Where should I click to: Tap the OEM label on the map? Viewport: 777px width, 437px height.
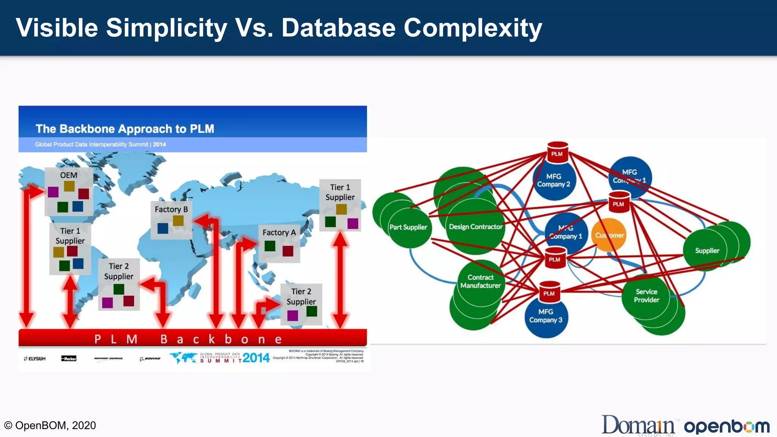pyautogui.click(x=69, y=175)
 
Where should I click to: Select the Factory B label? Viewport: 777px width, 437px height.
pyautogui.click(x=171, y=209)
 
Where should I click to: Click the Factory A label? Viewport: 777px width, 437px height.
pyautogui.click(x=279, y=233)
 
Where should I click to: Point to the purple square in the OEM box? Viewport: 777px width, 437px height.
pyautogui.click(x=53, y=192)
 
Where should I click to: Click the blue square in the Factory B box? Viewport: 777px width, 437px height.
pyautogui.click(x=163, y=228)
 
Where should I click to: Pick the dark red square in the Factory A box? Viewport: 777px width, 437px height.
pyautogui.click(x=288, y=251)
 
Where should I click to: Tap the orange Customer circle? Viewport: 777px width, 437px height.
pyautogui.click(x=609, y=235)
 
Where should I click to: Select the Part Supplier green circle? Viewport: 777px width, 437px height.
pyautogui.click(x=409, y=227)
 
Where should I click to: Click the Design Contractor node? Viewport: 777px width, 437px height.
pyautogui.click(x=475, y=227)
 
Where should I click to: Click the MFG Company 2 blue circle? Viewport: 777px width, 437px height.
pyautogui.click(x=554, y=181)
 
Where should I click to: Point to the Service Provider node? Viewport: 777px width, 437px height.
pyautogui.click(x=646, y=296)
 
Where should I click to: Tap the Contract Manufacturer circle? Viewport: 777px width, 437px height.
pyautogui.click(x=480, y=281)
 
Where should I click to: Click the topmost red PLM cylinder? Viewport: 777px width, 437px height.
pyautogui.click(x=557, y=152)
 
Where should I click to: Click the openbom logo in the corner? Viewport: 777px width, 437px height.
pyautogui.click(x=727, y=426)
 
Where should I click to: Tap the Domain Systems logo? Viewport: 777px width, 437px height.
pyautogui.click(x=639, y=425)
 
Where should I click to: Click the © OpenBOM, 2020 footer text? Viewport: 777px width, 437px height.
pyautogui.click(x=50, y=425)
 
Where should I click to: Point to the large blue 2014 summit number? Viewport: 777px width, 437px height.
pyautogui.click(x=256, y=358)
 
